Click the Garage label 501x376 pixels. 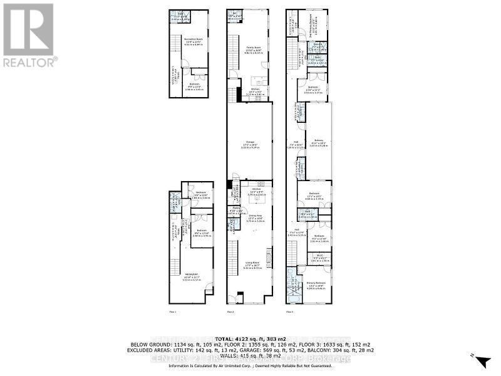point(249,142)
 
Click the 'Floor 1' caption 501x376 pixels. point(172,311)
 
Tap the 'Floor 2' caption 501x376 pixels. point(230,311)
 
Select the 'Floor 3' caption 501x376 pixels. point(291,311)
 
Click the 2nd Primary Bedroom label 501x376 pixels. point(319,20)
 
